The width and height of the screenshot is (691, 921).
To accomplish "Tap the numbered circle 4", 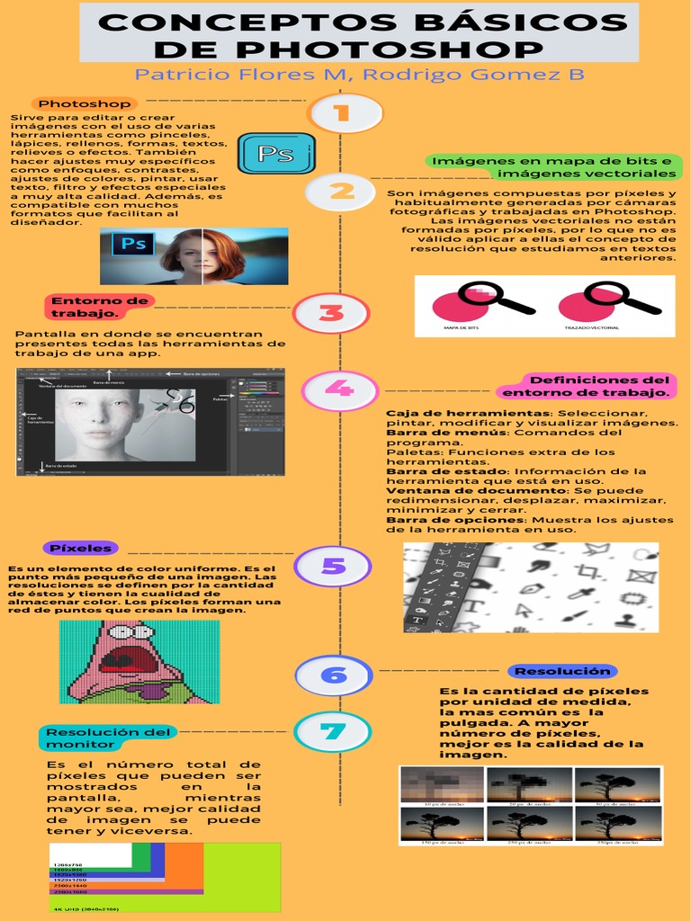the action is pos(338,389).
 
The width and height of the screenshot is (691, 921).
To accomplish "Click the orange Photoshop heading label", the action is pos(85,103).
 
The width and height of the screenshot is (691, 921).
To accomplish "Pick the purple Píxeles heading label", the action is pos(81,548).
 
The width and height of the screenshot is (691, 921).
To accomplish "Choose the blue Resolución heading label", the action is pos(562,671).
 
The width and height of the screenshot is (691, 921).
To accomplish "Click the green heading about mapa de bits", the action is pos(552,166).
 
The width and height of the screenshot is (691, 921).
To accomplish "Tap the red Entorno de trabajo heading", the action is pos(85,307).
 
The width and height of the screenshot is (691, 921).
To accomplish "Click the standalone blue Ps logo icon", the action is pos(275,153).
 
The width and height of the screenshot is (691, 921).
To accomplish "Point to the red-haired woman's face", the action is pos(200,255).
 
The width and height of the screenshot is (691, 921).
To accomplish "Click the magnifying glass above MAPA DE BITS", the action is pos(493,298).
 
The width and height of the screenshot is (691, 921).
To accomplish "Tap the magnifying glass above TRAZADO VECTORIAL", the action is pos(620,298).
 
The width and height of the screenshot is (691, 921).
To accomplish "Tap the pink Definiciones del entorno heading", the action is pos(586,386).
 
